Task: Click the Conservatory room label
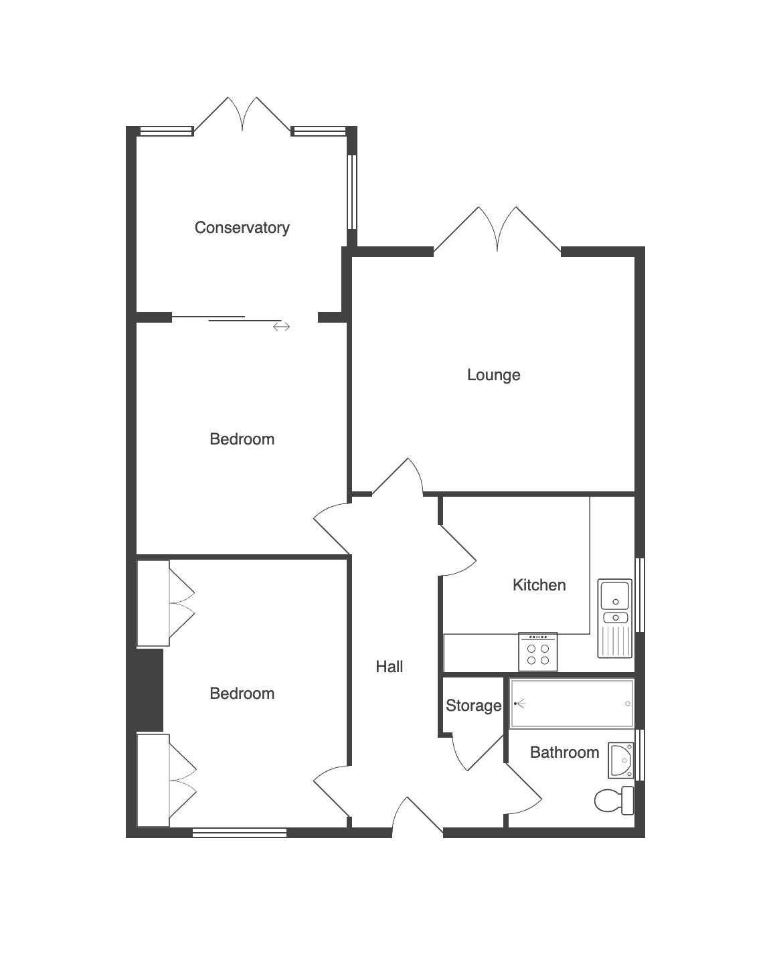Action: point(242,228)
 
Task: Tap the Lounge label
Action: point(494,375)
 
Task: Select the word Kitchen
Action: point(539,585)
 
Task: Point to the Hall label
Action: point(390,667)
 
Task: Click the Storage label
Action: point(474,706)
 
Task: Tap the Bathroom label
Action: point(564,752)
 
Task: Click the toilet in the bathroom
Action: point(614,801)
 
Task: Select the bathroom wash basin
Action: point(621,760)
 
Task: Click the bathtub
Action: point(572,704)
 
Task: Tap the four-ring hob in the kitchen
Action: point(537,652)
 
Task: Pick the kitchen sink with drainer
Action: point(614,618)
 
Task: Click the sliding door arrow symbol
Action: point(281,327)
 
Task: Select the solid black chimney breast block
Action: point(150,690)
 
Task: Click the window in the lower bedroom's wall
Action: point(240,833)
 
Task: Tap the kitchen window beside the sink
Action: point(640,595)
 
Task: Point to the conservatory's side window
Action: point(352,192)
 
